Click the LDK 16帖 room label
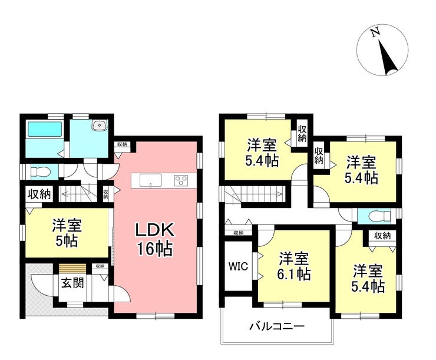pos(155,239)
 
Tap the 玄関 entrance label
pos(71,283)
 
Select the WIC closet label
pos(237,265)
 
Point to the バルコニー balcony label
pos(276,326)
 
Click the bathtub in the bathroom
pos(45,129)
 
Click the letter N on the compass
pos(374,34)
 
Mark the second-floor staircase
pos(255,194)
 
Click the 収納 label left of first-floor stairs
pos(38,193)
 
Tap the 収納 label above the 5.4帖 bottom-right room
pos(382,236)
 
